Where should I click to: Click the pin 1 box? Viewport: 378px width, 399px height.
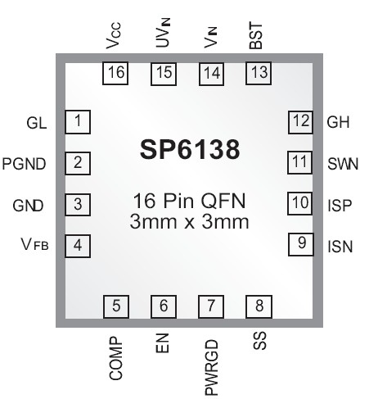[x=78, y=122]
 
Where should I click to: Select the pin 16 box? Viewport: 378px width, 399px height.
[x=115, y=73]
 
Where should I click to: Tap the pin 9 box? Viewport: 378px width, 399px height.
[x=301, y=243]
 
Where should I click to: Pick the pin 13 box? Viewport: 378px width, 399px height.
[x=259, y=73]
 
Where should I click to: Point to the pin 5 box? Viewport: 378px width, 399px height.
[x=116, y=306]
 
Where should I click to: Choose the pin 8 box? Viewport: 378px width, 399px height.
[x=259, y=306]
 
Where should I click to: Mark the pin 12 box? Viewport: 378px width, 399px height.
[x=301, y=122]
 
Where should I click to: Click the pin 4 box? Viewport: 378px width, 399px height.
[x=78, y=244]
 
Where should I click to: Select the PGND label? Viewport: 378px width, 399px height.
[x=23, y=163]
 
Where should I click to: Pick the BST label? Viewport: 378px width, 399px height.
[x=257, y=37]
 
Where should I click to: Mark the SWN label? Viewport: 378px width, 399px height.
[x=343, y=163]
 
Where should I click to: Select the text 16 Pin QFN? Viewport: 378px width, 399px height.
[x=189, y=202]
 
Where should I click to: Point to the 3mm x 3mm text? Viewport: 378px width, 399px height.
[x=189, y=221]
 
